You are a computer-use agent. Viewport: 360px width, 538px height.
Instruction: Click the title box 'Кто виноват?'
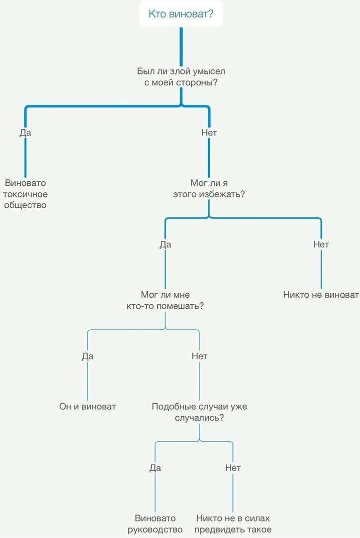pyautogui.click(x=181, y=13)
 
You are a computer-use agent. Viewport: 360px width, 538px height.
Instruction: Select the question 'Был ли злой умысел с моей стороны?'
pyautogui.click(x=181, y=77)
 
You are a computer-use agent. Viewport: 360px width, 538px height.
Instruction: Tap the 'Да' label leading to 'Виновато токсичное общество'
pyautogui.click(x=25, y=132)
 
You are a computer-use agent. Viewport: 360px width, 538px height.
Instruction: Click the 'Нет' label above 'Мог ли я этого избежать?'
pyautogui.click(x=209, y=132)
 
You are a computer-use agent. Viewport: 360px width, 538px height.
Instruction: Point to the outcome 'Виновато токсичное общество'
pyautogui.click(x=25, y=194)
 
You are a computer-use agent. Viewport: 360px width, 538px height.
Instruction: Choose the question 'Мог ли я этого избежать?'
pyautogui.click(x=209, y=188)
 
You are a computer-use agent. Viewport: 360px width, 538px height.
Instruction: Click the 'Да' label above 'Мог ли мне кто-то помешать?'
pyautogui.click(x=165, y=244)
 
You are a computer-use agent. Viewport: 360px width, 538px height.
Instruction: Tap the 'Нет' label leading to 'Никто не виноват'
pyautogui.click(x=321, y=244)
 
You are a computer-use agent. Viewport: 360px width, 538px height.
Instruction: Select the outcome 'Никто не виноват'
pyautogui.click(x=321, y=295)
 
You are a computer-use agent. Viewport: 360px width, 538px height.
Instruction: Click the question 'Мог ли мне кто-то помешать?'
pyautogui.click(x=165, y=300)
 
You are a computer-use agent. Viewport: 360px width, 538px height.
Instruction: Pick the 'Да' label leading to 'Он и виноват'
pyautogui.click(x=87, y=356)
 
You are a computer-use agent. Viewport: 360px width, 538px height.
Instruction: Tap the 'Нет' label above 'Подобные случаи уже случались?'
pyautogui.click(x=199, y=356)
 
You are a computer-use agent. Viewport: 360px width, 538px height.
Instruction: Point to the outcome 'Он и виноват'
pyautogui.click(x=87, y=407)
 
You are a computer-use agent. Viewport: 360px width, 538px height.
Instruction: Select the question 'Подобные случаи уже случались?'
pyautogui.click(x=199, y=412)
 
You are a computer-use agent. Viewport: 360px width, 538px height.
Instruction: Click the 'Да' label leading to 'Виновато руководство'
pyautogui.click(x=155, y=468)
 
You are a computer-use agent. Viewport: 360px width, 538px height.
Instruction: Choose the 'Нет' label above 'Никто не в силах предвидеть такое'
pyautogui.click(x=233, y=468)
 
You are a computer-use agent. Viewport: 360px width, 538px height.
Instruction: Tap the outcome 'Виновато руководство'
pyautogui.click(x=155, y=524)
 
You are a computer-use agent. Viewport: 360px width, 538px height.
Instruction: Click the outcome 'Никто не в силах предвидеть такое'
pyautogui.click(x=233, y=524)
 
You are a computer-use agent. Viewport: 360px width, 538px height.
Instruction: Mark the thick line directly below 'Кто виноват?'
pyautogui.click(x=181, y=46)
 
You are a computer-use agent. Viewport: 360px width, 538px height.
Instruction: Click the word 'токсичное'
pyautogui.click(x=25, y=194)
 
